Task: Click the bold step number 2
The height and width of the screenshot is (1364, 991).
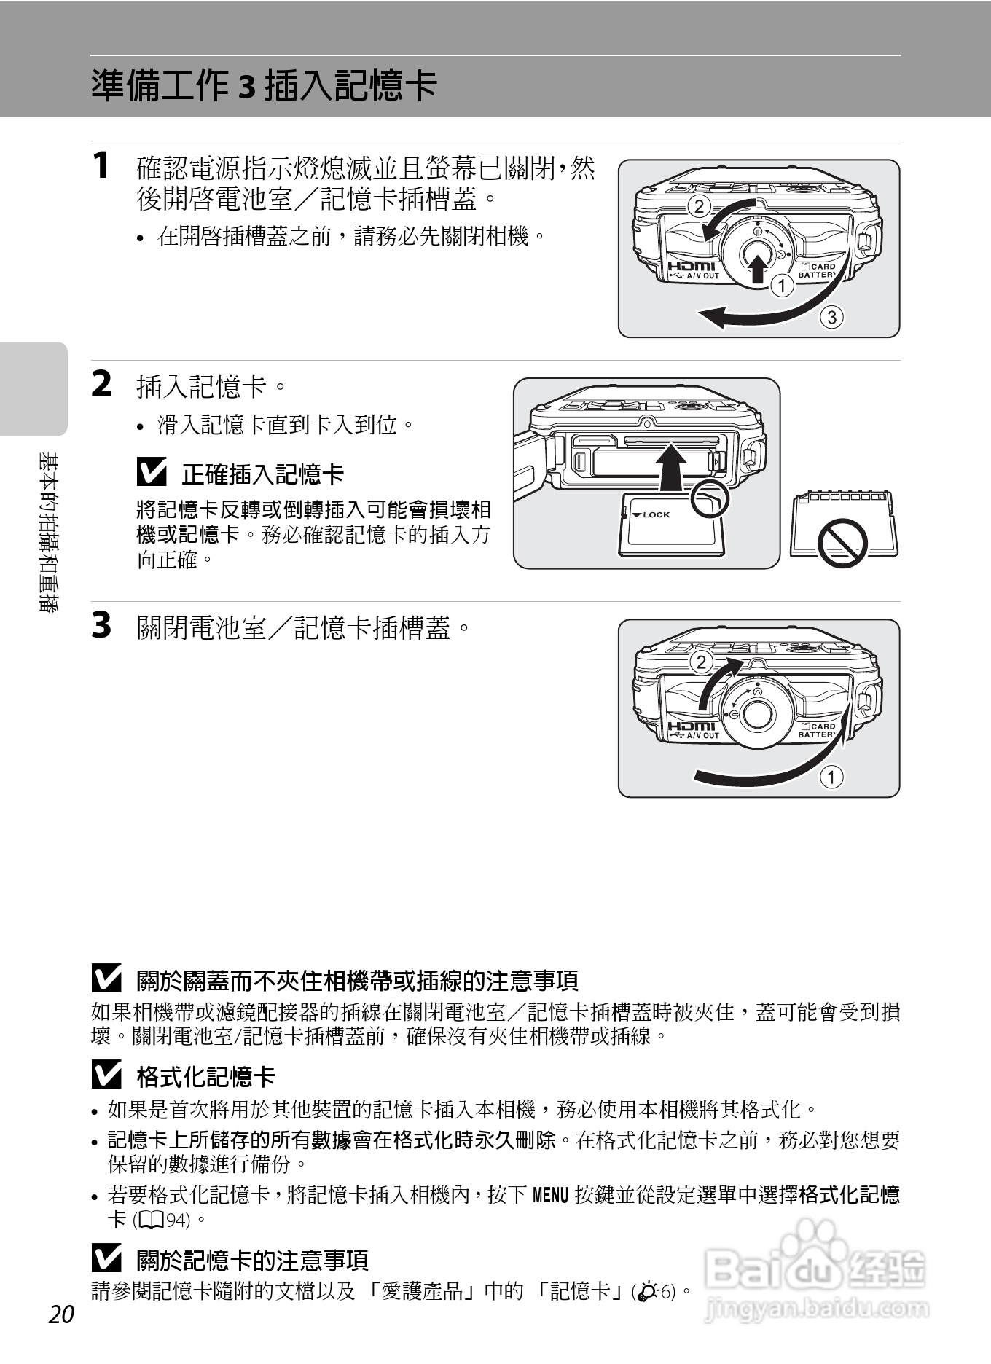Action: click(101, 384)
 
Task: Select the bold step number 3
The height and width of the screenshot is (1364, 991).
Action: click(101, 625)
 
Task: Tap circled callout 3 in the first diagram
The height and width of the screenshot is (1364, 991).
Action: click(831, 317)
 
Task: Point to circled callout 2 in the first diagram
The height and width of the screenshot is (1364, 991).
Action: click(699, 206)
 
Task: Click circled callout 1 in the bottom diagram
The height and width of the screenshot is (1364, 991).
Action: click(831, 776)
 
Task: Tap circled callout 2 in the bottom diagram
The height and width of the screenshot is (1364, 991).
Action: click(701, 662)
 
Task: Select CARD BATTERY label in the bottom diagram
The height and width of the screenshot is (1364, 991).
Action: click(817, 731)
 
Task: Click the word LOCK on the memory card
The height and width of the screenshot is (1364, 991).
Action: click(656, 514)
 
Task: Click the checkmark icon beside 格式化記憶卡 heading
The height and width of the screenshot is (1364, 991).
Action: click(106, 1075)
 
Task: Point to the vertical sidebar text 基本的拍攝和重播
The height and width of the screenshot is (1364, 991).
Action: click(49, 532)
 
